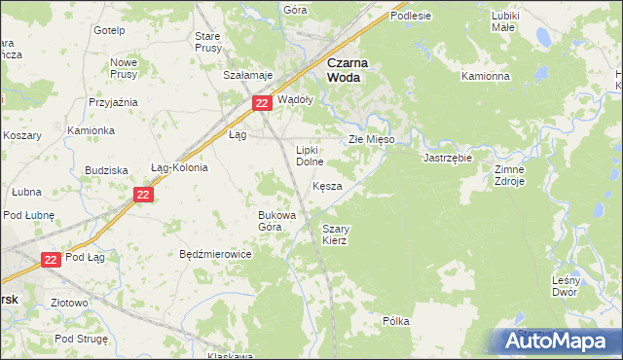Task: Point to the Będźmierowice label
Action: click(216, 254)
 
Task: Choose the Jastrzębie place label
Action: click(448, 157)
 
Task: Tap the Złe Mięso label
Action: click(371, 140)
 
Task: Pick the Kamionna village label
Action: click(486, 76)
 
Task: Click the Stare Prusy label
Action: click(208, 42)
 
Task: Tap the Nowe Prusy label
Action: click(123, 68)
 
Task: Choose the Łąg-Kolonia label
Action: click(179, 166)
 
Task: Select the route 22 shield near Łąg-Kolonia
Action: click(143, 196)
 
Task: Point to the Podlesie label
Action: click(411, 17)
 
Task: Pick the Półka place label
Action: click(395, 320)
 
